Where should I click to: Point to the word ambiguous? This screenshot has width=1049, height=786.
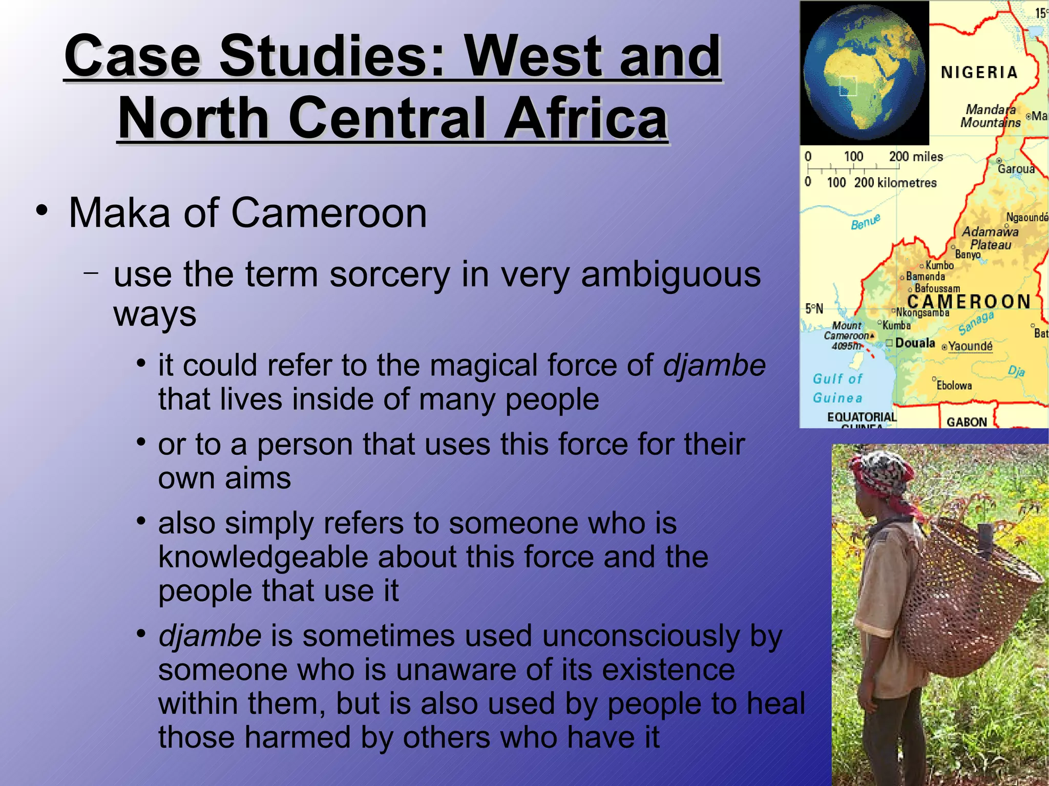(671, 275)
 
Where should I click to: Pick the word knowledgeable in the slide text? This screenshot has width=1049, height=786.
(262, 557)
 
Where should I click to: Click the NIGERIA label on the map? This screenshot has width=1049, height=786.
(979, 73)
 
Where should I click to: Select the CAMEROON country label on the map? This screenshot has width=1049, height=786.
(969, 302)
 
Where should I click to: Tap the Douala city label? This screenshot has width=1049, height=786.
(915, 343)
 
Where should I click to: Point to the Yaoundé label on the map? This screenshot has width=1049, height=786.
(970, 347)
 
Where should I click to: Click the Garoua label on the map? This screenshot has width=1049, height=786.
(1016, 169)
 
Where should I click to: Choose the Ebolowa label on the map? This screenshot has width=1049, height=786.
(954, 386)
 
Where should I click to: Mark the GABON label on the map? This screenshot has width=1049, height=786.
(967, 422)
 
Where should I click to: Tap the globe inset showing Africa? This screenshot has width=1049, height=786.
(865, 73)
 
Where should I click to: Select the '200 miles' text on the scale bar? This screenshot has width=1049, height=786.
(916, 157)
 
